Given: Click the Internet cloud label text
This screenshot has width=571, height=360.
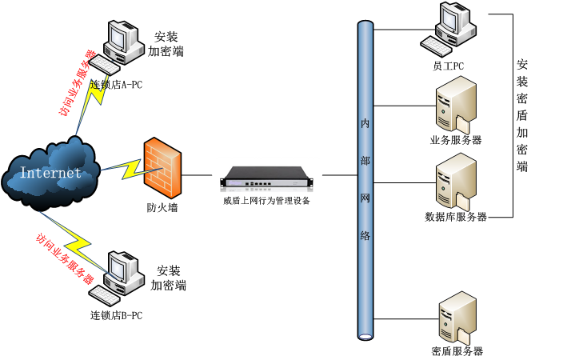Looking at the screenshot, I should [50, 173].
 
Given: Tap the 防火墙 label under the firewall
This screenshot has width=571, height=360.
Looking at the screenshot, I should [162, 208].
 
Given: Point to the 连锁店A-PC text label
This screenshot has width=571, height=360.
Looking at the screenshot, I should [116, 84].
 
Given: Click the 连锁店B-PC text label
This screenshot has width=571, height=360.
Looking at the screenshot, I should [117, 315].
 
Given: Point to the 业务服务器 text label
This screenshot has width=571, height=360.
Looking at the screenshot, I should [455, 140].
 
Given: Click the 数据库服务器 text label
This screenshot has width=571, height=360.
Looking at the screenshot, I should [456, 217].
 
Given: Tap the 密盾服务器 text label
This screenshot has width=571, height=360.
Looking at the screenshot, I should [457, 351].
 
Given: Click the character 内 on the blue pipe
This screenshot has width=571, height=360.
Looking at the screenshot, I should [365, 126].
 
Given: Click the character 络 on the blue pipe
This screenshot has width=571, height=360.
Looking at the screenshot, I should [365, 235].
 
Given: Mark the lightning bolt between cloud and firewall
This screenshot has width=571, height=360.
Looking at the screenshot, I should [121, 168].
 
